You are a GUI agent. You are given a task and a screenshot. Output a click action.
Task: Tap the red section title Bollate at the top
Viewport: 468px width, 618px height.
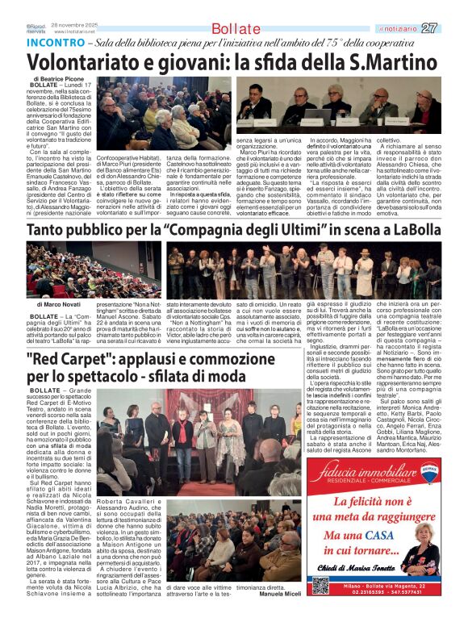coord(236,29)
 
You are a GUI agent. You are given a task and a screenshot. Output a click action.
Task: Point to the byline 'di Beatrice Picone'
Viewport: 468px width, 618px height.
coord(61,78)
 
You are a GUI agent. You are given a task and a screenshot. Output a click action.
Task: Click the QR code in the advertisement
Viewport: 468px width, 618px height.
coord(320,585)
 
